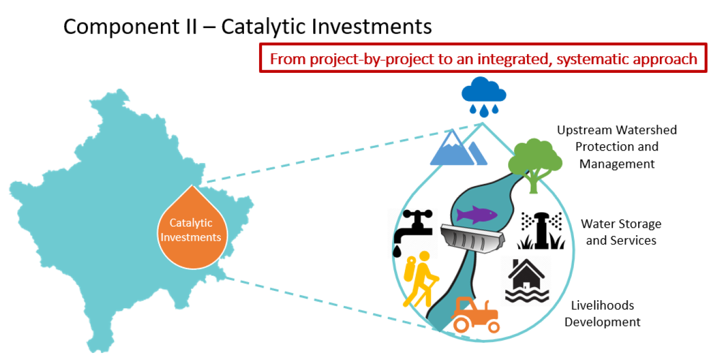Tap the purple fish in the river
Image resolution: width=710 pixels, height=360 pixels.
(x=477, y=214)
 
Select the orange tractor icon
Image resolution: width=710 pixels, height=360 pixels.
(x=476, y=315)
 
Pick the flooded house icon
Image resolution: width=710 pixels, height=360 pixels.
(x=527, y=281)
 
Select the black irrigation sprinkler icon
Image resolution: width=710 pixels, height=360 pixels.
(x=541, y=230)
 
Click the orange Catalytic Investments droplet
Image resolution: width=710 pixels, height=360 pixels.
(x=192, y=228)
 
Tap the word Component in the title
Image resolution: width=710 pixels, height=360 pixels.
(x=121, y=27)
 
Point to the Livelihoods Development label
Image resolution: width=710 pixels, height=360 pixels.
(x=603, y=314)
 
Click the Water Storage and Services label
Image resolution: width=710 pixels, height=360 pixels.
(x=621, y=232)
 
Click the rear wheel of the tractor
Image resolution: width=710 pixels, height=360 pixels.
(x=462, y=324)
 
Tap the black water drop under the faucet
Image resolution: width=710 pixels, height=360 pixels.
(x=397, y=252)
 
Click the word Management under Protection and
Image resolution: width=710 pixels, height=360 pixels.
(x=617, y=164)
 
